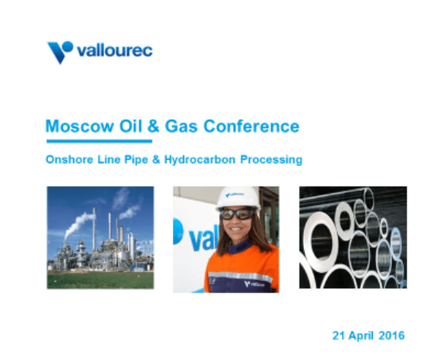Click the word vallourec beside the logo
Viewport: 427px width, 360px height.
114,51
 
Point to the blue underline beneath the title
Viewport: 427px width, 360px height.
99,140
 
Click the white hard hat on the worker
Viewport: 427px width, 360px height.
237,197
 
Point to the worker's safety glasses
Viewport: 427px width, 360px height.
237,214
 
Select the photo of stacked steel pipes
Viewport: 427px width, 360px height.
352,237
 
